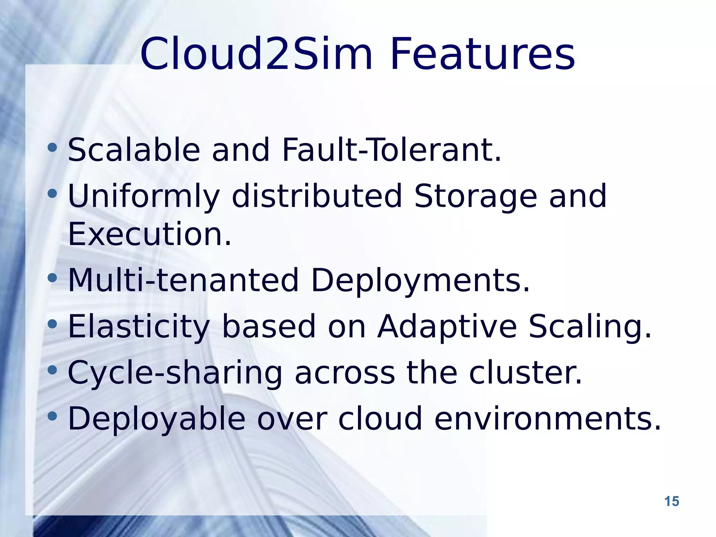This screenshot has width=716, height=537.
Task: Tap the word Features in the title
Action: (x=482, y=54)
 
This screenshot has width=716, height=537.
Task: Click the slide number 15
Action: (x=671, y=501)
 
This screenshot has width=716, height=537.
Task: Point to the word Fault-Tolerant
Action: (x=392, y=150)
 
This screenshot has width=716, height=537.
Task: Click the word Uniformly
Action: (x=144, y=196)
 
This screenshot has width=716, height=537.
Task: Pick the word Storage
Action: (x=475, y=196)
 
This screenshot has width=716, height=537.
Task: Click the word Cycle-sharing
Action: (x=175, y=373)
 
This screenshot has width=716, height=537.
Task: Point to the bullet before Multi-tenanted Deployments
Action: (x=52, y=278)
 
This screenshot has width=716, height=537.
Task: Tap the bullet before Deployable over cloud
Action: (x=52, y=416)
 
